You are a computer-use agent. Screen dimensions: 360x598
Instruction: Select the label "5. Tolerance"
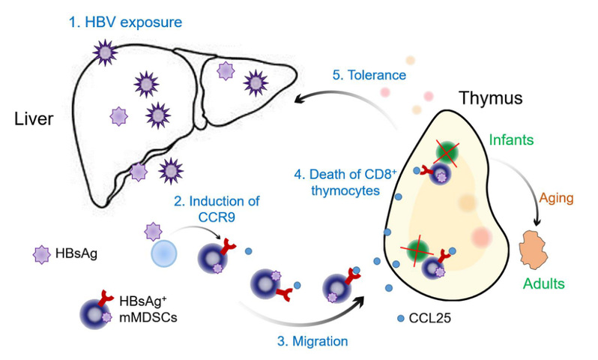point(368,75)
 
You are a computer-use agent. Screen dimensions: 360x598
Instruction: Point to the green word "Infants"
point(513,139)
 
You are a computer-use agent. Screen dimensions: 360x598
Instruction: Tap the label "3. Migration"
point(312,342)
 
